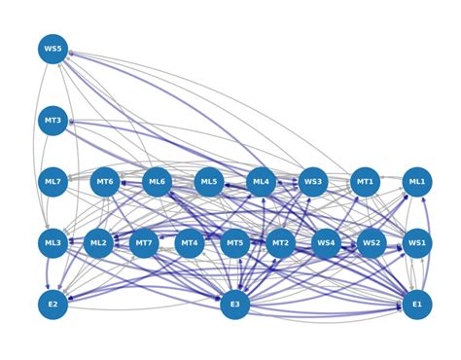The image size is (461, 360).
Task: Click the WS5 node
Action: pos(53,49)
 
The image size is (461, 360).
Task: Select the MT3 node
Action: pos(53,122)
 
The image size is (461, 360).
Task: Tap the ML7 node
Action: pos(53,182)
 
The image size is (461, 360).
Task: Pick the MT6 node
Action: pos(105,182)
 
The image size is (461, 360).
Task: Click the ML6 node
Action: pos(157,182)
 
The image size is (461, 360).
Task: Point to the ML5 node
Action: pos(209,182)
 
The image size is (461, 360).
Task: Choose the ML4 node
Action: pos(261,182)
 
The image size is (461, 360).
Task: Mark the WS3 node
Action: pos(313,182)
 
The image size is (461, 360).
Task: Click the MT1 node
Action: pos(365,182)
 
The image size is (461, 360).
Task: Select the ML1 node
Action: pos(417,182)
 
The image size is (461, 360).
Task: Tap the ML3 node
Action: pos(53,243)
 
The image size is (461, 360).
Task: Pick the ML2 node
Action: pos(98,243)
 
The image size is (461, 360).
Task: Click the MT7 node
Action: pos(144,243)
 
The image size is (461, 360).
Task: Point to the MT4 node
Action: pos(190,243)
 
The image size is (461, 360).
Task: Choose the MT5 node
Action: pos(234,243)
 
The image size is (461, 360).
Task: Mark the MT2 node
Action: pos(280,243)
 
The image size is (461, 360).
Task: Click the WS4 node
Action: pos(326,243)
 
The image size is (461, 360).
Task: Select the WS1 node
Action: pos(417,243)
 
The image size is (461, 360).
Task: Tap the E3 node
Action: pos(234,305)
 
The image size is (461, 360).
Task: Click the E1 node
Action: pos(417,305)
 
